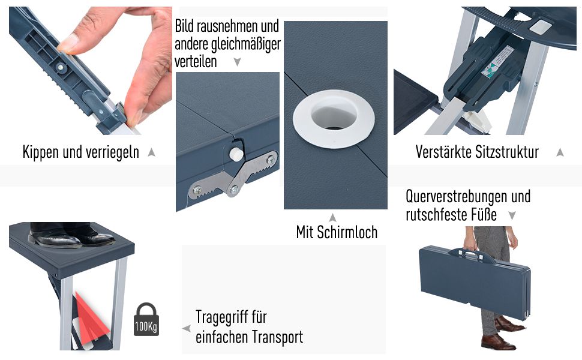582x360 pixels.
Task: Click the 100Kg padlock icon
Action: pyautogui.click(x=146, y=320)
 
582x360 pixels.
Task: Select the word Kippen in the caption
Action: pyautogui.click(x=41, y=152)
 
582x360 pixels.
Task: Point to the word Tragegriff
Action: pyautogui.click(x=231, y=317)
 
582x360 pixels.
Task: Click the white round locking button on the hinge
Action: pyautogui.click(x=235, y=154)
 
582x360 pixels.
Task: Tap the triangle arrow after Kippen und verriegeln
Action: pyautogui.click(x=151, y=152)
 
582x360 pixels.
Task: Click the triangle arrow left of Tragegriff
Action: pyautogui.click(x=187, y=328)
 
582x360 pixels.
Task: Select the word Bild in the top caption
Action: pyautogui.click(x=184, y=26)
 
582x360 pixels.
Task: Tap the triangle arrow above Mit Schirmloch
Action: pyautogui.click(x=332, y=217)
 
